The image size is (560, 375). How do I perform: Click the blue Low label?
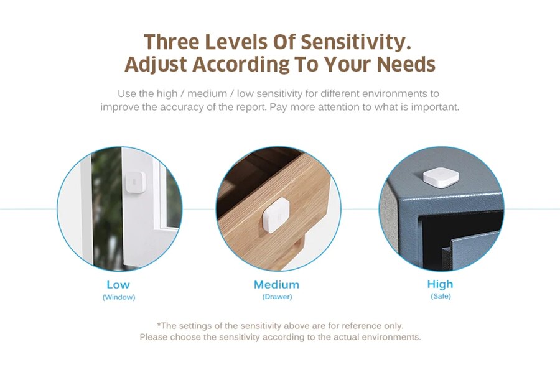[118, 284]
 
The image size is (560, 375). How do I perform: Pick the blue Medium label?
[276, 284]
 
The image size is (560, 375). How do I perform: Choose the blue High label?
[440, 284]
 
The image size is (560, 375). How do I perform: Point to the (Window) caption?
[118, 297]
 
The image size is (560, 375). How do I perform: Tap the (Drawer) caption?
[277, 297]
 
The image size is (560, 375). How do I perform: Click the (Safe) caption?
[441, 297]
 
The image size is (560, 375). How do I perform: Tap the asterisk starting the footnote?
[159, 325]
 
